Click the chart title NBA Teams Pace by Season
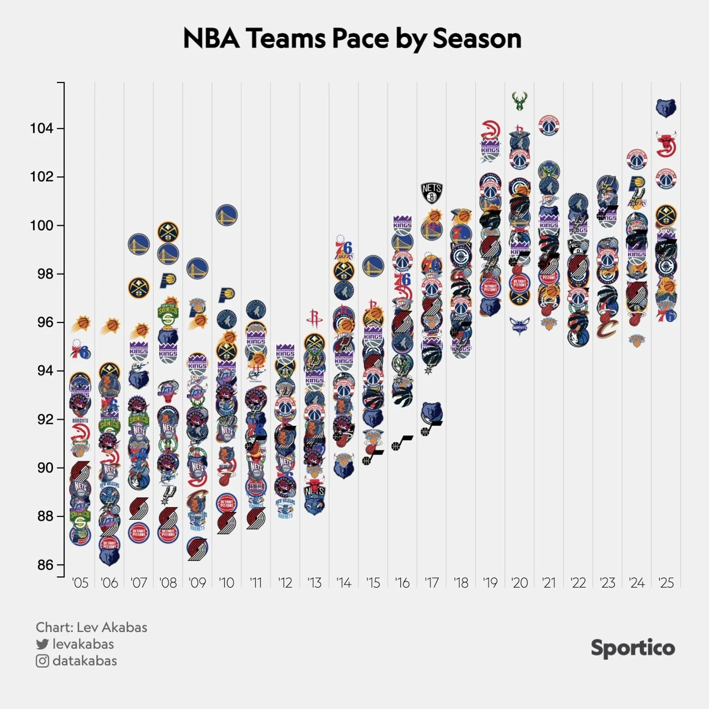pyautogui.click(x=352, y=38)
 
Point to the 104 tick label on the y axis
pyautogui.click(x=41, y=128)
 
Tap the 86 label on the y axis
pyautogui.click(x=45, y=565)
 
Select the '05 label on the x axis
pyautogui.click(x=80, y=583)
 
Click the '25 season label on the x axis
pyautogui.click(x=666, y=583)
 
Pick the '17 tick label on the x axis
pyautogui.click(x=431, y=583)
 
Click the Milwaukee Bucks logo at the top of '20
pyautogui.click(x=520, y=101)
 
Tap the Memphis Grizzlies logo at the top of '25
pyautogui.click(x=666, y=108)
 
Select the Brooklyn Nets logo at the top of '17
pyautogui.click(x=431, y=193)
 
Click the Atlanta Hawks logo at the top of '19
pyautogui.click(x=490, y=130)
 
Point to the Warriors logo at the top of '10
pyautogui.click(x=226, y=215)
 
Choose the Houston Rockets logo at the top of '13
pyautogui.click(x=314, y=319)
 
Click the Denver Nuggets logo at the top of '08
pyautogui.click(x=168, y=232)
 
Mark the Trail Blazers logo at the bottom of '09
pyautogui.click(x=197, y=549)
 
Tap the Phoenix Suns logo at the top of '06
pyautogui.click(x=111, y=326)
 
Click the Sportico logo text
pyautogui.click(x=632, y=648)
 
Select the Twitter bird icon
pyautogui.click(x=42, y=644)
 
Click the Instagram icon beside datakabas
pyautogui.click(x=42, y=661)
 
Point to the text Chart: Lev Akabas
pyautogui.click(x=91, y=627)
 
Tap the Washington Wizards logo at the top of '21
pyautogui.click(x=549, y=126)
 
